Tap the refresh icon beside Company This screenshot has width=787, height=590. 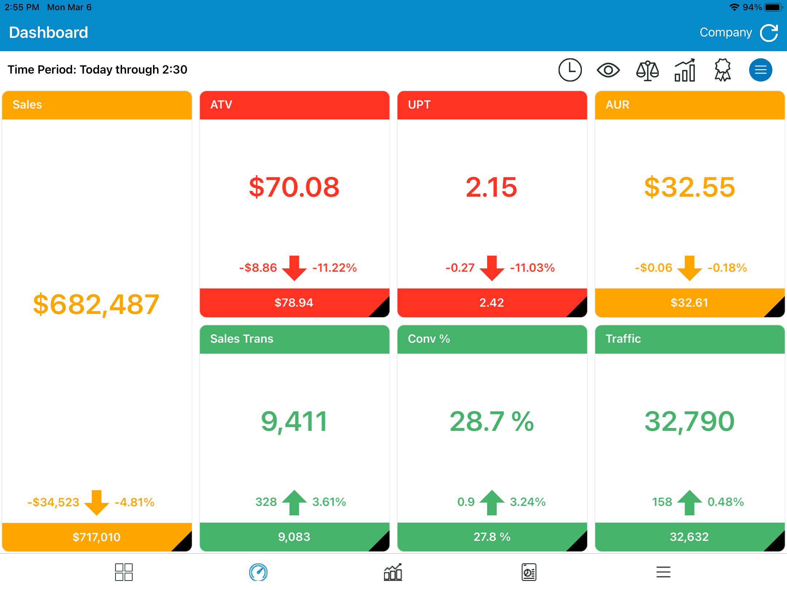click(769, 33)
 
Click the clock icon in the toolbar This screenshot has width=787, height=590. click(570, 70)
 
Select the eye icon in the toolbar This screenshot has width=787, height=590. click(608, 70)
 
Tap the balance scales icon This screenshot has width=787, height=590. click(647, 70)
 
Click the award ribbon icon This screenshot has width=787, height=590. click(723, 70)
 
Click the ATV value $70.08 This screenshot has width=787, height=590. click(294, 187)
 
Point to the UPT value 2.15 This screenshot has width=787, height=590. click(492, 187)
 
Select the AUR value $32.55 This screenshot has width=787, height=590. click(689, 187)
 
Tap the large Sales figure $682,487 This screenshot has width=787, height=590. click(96, 304)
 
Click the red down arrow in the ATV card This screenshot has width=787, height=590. click(294, 268)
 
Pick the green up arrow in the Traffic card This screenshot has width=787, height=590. click(690, 503)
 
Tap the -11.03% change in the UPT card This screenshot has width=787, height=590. click(532, 268)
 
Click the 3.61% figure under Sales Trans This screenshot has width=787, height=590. click(329, 502)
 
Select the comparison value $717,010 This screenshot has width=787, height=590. click(97, 537)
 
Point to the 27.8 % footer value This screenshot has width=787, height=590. click(492, 537)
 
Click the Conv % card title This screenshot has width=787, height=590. click(429, 339)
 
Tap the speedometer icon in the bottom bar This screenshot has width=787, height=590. click(258, 572)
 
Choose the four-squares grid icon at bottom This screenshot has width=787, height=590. click(124, 572)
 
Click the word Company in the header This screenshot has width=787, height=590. click(726, 33)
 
